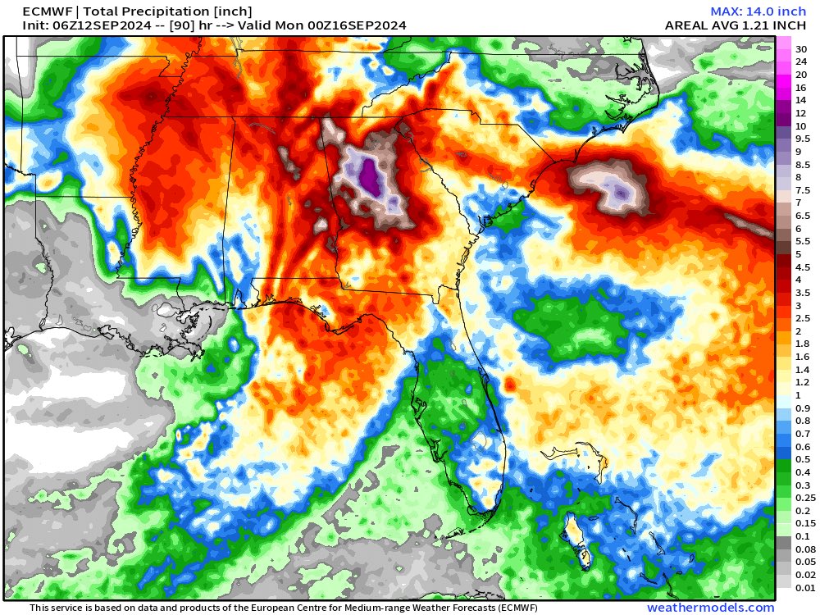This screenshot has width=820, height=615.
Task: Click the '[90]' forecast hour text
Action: tap(175, 25)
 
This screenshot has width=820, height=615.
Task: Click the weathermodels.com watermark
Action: tap(710, 608)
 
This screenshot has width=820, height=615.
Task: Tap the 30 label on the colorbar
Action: tap(800, 48)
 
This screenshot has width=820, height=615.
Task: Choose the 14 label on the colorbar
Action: tap(800, 100)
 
